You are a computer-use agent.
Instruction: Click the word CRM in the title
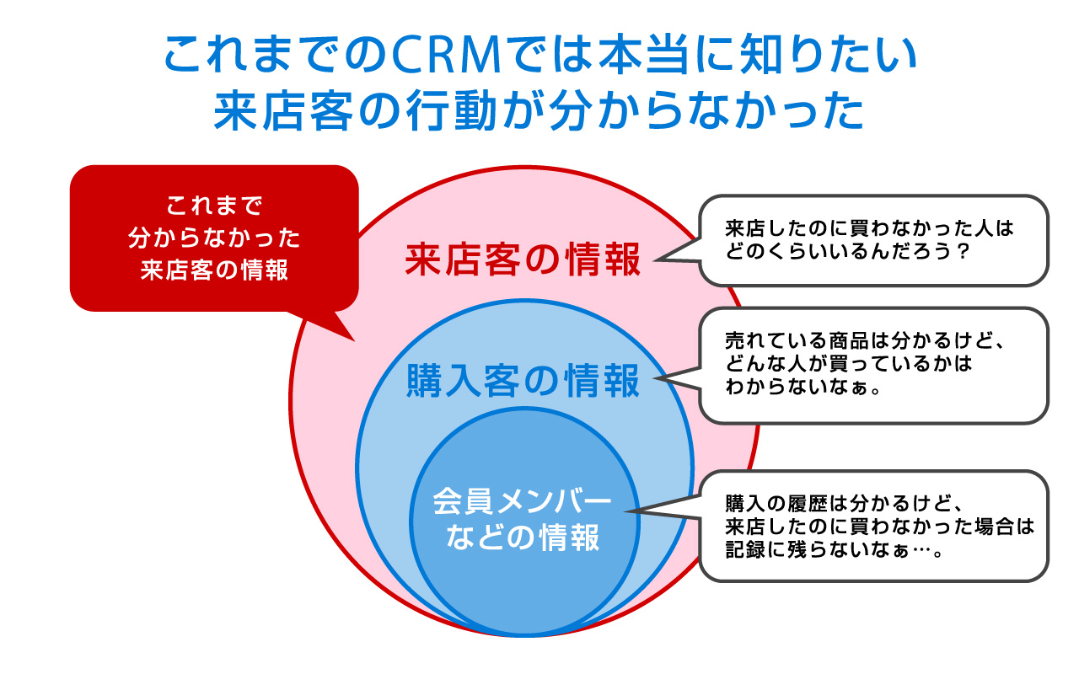point(447,54)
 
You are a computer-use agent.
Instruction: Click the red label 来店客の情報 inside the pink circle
point(523,260)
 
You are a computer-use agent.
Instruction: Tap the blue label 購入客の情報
point(523,381)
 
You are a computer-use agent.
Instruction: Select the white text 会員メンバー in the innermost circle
point(522,501)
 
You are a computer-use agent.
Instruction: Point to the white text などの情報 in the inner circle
point(523,538)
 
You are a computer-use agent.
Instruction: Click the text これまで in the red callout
point(214,206)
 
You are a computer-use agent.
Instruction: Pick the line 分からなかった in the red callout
point(214,238)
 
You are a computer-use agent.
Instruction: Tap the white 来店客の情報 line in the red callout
point(214,270)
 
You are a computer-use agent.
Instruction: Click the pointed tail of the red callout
point(354,340)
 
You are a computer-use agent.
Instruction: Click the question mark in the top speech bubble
point(963,252)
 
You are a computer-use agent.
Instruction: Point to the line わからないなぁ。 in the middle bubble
point(803,387)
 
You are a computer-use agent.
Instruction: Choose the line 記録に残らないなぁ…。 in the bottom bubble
point(834,550)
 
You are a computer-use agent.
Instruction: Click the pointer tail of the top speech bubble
point(656,260)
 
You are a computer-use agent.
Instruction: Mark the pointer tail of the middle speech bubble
point(656,378)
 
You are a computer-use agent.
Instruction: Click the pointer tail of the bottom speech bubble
point(627,511)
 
